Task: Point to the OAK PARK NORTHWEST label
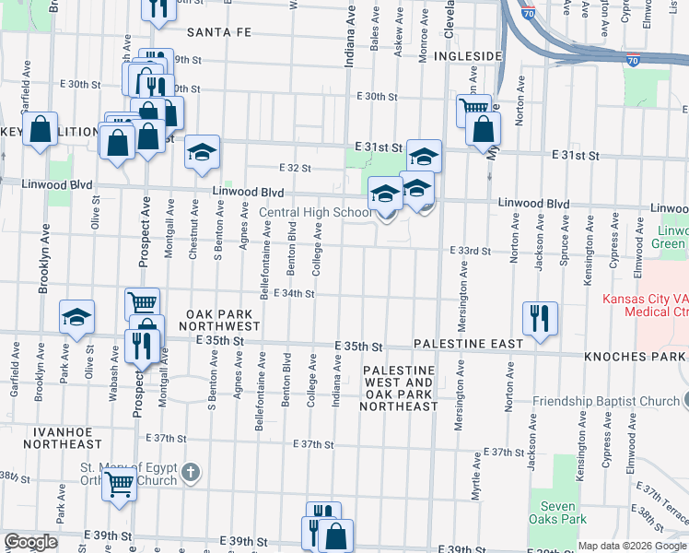[220, 320]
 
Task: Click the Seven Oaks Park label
[559, 512]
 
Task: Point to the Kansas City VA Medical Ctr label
[645, 305]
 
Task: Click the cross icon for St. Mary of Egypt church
[190, 473]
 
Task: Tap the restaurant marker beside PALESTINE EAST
[539, 317]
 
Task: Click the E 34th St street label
[295, 294]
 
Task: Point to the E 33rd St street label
[472, 251]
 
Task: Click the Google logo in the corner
[30, 542]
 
